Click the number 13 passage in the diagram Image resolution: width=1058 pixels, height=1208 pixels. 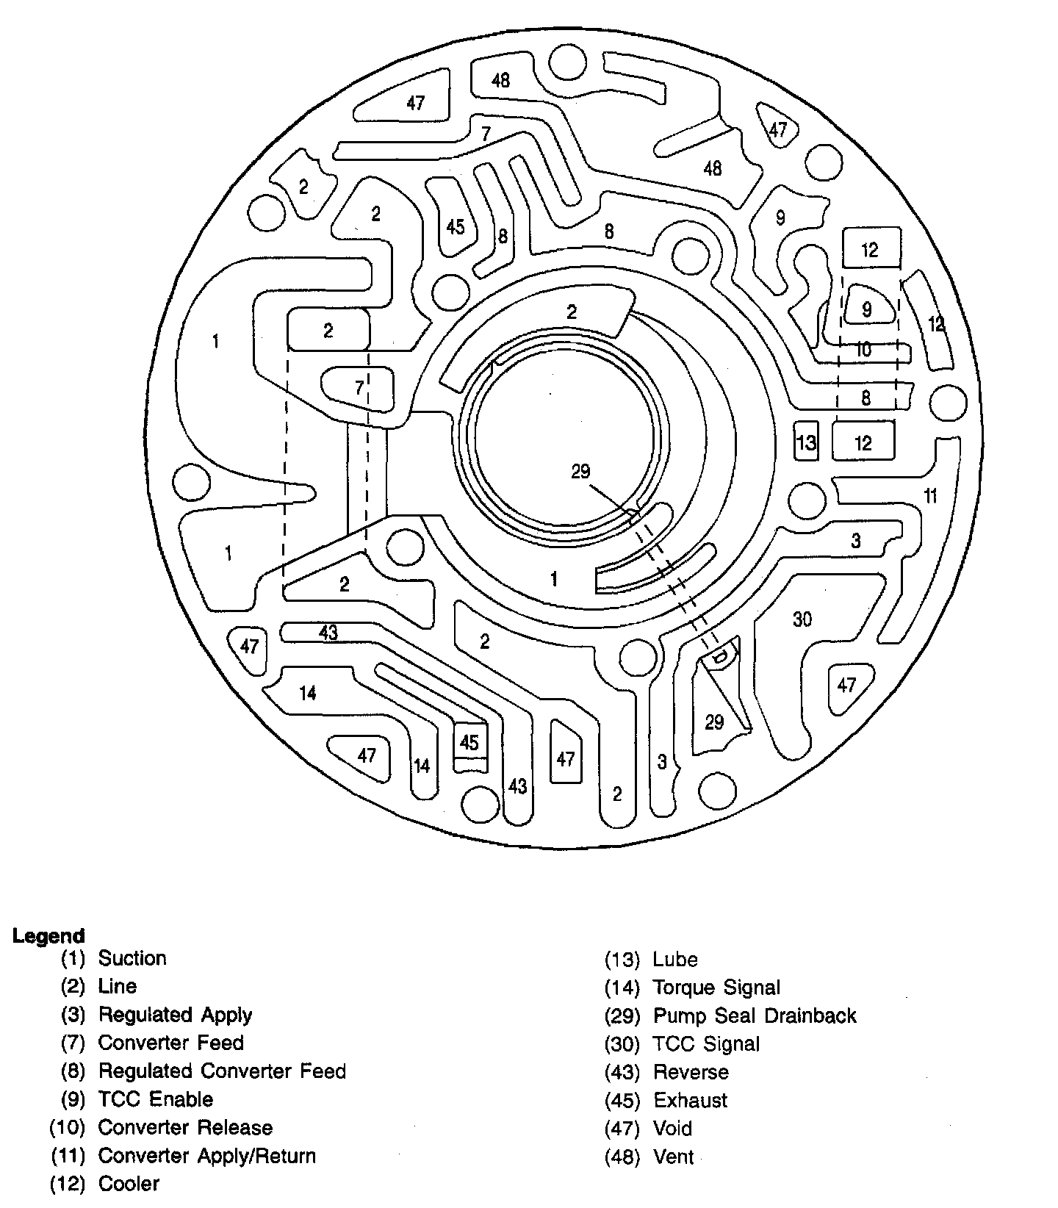(806, 442)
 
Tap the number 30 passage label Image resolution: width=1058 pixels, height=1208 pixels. (802, 619)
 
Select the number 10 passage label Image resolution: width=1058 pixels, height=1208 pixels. (864, 349)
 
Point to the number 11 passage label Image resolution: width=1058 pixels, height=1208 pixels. (930, 496)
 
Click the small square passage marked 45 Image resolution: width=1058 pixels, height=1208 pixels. (469, 746)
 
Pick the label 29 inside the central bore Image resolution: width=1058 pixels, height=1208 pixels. (580, 471)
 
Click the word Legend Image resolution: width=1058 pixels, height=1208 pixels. (48, 936)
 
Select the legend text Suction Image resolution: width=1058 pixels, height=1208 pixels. (132, 958)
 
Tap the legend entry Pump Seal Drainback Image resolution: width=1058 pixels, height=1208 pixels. (755, 1015)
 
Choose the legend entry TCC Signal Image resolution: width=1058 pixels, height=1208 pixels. (706, 1043)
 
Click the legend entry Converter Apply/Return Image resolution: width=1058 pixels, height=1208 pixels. (207, 1156)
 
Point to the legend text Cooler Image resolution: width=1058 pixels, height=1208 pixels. (129, 1184)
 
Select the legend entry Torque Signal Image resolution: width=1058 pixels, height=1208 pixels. (716, 988)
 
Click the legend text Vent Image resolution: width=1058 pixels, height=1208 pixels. (673, 1157)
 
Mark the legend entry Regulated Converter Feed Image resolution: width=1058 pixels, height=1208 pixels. (222, 1071)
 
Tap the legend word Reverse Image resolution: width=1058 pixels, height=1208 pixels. (691, 1072)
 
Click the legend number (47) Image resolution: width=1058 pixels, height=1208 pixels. (622, 1129)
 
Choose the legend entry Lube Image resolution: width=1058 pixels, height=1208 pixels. (675, 959)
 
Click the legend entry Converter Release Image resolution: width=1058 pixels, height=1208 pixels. (185, 1127)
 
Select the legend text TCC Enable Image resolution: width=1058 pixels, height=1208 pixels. (156, 1099)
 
